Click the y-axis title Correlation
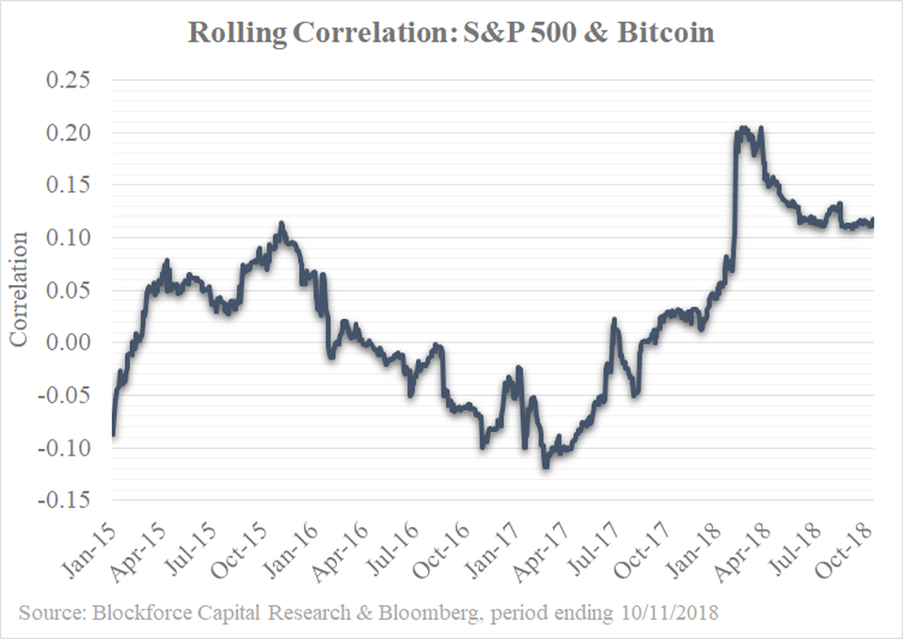(x=20, y=290)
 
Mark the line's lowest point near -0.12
(x=545, y=466)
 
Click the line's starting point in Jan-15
(x=113, y=434)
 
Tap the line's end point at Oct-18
(x=873, y=222)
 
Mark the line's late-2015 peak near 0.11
(x=281, y=224)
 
